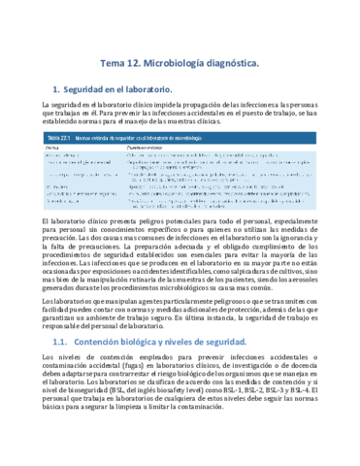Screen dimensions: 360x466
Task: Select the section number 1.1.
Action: [x=58, y=341]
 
